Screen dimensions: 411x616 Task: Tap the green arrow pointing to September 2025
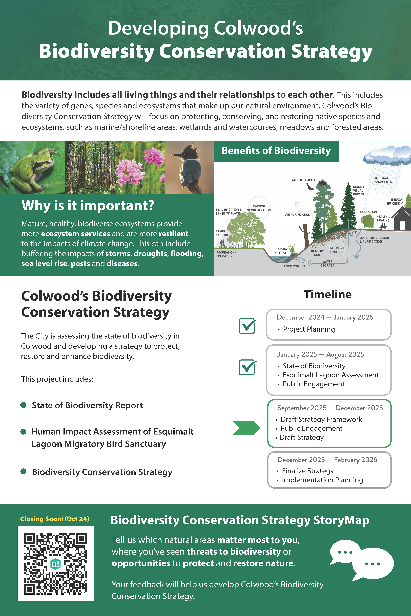click(246, 428)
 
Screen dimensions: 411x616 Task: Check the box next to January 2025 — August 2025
click(247, 367)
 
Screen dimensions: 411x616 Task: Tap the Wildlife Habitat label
click(304, 180)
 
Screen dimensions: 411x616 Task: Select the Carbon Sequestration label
click(259, 208)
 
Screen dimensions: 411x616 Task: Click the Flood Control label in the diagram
click(294, 266)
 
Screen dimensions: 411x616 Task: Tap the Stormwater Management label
click(384, 180)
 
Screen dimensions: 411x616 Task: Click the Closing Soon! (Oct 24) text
click(54, 519)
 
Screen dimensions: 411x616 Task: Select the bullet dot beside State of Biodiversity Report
click(23, 405)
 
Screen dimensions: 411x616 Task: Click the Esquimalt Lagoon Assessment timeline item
click(331, 375)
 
